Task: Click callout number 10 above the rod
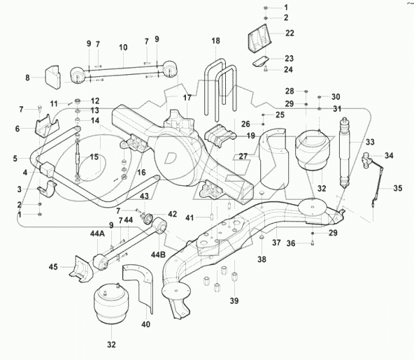coord(123,48)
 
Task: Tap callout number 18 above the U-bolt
coord(215,43)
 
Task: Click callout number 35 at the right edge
coord(397,187)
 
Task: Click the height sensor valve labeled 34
coord(369,160)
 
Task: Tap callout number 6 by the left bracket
coord(17,129)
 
